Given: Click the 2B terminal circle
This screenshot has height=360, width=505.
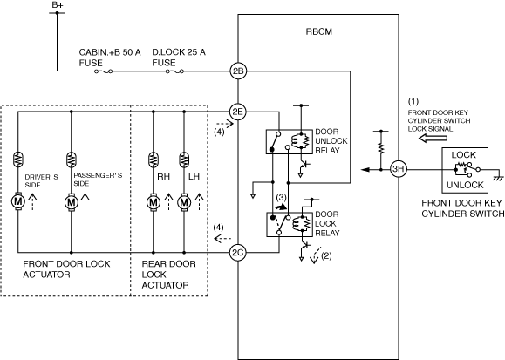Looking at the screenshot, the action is pos(238,71).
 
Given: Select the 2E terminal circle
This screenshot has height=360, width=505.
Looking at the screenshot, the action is pos(238,112).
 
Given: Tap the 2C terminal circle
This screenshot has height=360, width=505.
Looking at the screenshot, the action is pos(238,253).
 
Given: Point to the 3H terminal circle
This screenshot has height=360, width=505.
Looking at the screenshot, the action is pos(399,169).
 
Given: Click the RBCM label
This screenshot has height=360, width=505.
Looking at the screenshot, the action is pos(318,31).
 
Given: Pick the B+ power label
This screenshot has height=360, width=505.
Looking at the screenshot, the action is pos(57,5).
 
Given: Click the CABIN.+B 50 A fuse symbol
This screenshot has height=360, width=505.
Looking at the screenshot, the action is pos(104,71).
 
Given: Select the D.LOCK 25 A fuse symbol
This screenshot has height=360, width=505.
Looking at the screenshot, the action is pos(175,71).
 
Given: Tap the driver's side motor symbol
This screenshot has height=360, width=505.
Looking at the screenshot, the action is pos(18,202).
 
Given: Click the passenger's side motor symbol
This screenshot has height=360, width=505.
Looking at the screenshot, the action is pos(72,202).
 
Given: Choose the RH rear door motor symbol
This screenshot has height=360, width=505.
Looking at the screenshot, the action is pos(154,202).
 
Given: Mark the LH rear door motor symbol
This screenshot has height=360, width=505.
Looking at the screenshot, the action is pos(184,202).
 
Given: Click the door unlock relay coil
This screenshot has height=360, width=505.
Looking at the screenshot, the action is pos(300,140).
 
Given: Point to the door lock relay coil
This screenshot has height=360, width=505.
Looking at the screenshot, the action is pos(301,223).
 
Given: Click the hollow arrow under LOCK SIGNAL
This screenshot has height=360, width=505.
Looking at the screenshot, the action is pos(433,138).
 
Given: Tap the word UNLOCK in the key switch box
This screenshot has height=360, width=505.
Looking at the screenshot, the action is pos(465,185).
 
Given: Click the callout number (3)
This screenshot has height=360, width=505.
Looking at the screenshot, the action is pos(281,197).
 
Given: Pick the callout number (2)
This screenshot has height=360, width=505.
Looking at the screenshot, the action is pos(326,255).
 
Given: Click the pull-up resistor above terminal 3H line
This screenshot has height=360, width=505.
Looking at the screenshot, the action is pos(381,148).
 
